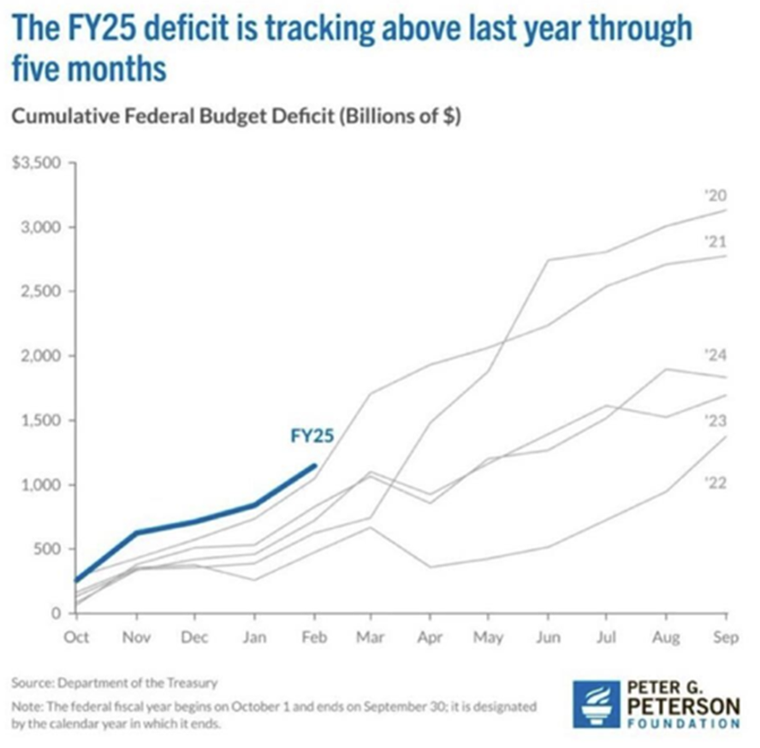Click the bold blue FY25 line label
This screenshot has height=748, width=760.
coord(312,436)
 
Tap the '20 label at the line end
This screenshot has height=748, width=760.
coord(715,195)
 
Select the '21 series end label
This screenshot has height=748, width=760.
coord(715,242)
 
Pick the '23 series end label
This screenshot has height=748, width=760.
coord(715,420)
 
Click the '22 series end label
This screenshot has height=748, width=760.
coord(715,484)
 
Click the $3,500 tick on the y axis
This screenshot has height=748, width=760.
coord(33,163)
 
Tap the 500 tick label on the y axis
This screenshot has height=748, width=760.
coord(45,549)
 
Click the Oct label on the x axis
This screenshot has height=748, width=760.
coord(76,637)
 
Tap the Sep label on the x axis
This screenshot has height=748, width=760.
coord(726,637)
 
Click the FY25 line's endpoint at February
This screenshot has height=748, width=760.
coord(314,466)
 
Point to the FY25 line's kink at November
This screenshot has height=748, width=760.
coord(136,532)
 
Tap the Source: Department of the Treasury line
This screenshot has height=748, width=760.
coord(115,682)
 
